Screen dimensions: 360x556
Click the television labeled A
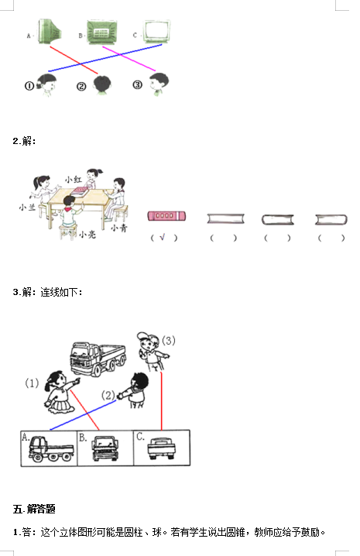tap(50, 31)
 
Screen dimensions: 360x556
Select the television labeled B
tap(101, 33)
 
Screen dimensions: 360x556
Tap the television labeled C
tap(156, 31)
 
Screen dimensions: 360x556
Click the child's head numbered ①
tap(46, 84)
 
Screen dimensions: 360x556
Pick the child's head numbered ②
tap(102, 84)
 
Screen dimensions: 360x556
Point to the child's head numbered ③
tap(159, 84)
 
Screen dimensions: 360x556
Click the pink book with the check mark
tap(166, 215)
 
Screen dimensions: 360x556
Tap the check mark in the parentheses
tap(163, 237)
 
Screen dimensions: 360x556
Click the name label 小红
tap(74, 179)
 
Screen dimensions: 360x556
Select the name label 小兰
tap(27, 207)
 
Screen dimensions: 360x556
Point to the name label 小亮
tap(87, 234)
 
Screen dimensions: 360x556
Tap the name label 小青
tap(118, 228)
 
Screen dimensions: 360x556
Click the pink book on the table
tap(80, 191)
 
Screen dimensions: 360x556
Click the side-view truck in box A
tap(51, 448)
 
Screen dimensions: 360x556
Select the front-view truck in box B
tap(105, 448)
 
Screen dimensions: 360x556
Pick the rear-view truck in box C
tap(161, 448)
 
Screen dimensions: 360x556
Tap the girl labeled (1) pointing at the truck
tap(60, 393)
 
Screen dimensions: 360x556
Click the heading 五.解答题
tap(34, 510)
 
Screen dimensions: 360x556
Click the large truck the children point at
tap(98, 358)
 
